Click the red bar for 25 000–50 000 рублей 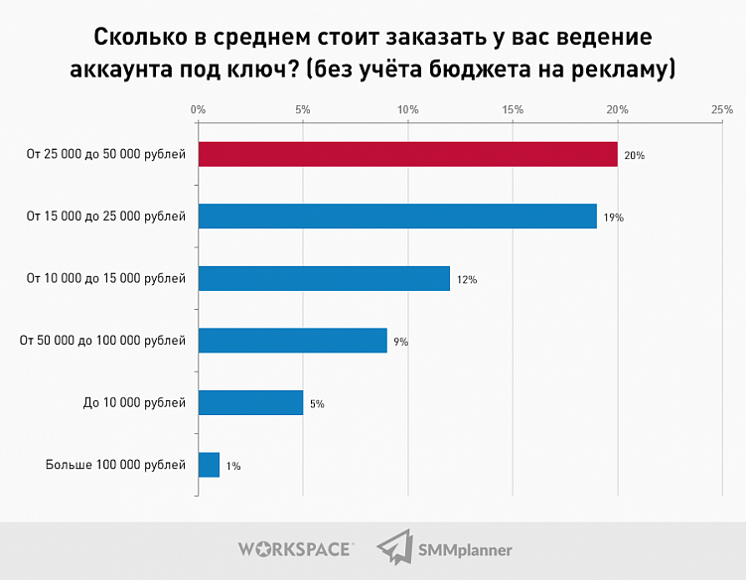point(407,154)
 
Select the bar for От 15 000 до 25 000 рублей point(397,217)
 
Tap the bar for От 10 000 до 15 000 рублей point(324,278)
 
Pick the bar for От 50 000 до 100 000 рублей point(292,341)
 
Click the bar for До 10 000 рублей point(250,402)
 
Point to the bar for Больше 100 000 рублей point(209,465)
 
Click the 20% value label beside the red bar point(636,155)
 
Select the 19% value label point(614,217)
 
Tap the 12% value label point(467,280)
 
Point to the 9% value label point(401,342)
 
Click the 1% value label point(233,465)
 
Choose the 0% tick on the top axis point(199,109)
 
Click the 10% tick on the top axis point(407,109)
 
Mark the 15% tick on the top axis point(513,109)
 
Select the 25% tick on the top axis point(722,109)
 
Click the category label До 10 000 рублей point(135,402)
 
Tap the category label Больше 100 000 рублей point(115,465)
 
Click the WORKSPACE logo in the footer point(295,548)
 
